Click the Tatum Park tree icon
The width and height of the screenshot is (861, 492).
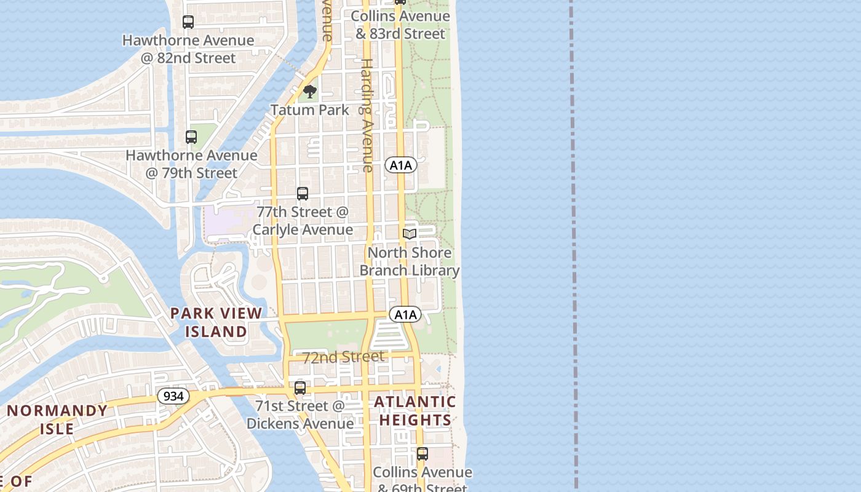(x=310, y=92)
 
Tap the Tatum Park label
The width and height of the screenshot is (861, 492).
(x=310, y=110)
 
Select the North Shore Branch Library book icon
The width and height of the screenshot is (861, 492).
(x=410, y=234)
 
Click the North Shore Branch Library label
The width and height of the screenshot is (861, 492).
(x=410, y=261)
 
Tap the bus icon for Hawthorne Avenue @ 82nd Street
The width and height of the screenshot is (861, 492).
(x=188, y=22)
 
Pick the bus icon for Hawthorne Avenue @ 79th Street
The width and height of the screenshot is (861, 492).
(x=191, y=137)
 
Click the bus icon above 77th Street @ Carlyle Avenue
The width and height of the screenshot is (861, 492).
(x=303, y=194)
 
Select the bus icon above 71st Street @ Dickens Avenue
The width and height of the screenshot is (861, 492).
(x=300, y=388)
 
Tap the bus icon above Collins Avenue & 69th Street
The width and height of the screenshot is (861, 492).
(x=423, y=454)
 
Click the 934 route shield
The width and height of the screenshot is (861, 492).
(x=173, y=396)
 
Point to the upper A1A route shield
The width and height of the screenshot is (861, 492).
(x=401, y=165)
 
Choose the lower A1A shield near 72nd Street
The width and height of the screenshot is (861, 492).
(x=405, y=315)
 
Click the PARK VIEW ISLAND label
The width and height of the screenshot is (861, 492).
(x=216, y=322)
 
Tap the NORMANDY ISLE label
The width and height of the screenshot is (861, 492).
(x=57, y=419)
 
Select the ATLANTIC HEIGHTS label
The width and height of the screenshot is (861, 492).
(x=415, y=411)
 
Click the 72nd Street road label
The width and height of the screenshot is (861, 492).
(x=343, y=357)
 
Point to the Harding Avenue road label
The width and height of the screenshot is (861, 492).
(x=367, y=115)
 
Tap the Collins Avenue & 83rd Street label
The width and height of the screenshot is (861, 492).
(x=400, y=25)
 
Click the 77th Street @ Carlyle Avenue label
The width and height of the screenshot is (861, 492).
(x=303, y=221)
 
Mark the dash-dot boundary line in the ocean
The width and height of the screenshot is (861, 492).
(x=574, y=246)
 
